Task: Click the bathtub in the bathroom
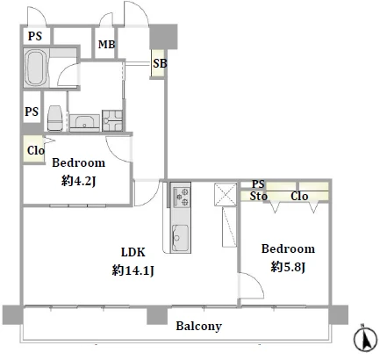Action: [x=36, y=68]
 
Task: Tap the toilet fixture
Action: [x=54, y=118]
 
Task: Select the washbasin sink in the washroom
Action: [x=85, y=122]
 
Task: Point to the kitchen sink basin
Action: [x=180, y=238]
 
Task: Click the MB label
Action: [x=106, y=44]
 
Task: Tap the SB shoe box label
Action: [x=160, y=63]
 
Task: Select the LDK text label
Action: [x=133, y=252]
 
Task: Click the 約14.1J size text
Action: [x=133, y=270]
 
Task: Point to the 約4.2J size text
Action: [x=79, y=181]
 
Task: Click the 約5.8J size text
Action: [x=288, y=267]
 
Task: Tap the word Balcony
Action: [x=198, y=326]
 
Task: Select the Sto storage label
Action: [x=259, y=196]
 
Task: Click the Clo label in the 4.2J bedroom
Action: [x=36, y=150]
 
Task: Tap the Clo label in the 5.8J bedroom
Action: [x=299, y=196]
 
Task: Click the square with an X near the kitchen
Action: [x=226, y=194]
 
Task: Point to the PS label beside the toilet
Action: [x=32, y=112]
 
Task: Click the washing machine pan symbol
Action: [x=112, y=120]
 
